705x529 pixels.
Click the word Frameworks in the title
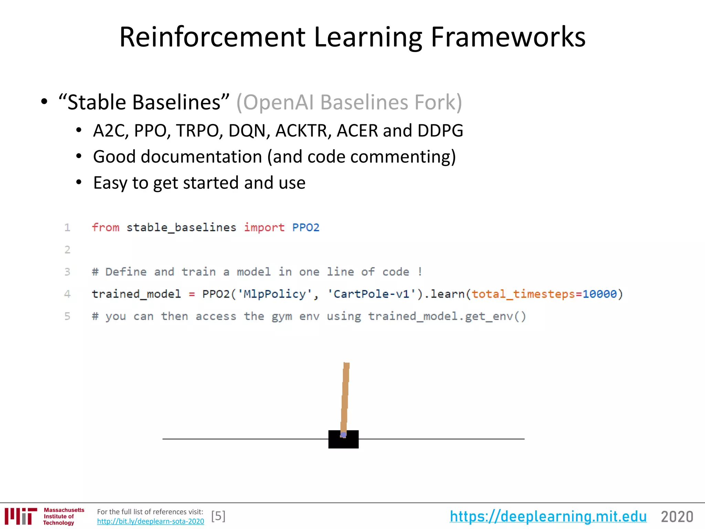pos(508,37)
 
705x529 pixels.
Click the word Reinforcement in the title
pos(212,37)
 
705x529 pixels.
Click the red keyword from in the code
pos(105,228)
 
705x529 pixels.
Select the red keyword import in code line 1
pos(264,228)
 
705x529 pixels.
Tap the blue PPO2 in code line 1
pos(306,228)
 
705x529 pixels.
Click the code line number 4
pos(67,294)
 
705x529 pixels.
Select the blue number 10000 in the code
pos(599,294)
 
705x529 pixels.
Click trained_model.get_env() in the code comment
pos(447,317)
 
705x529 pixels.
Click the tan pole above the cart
pos(345,396)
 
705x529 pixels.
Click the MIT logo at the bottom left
pos(21,516)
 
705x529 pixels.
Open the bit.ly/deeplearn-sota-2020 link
pos(150,521)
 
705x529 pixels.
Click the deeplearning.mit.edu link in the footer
pos(548,517)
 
